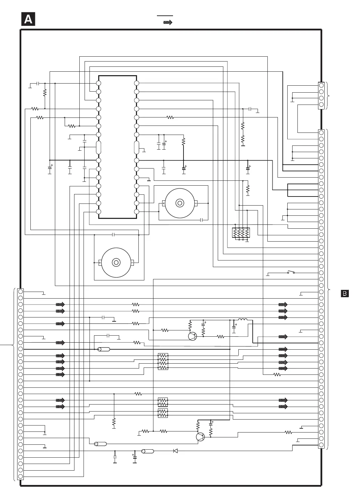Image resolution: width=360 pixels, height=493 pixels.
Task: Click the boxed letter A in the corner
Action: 28,19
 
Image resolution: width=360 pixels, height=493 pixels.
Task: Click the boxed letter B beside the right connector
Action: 345,293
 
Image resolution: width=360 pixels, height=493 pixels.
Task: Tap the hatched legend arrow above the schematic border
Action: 168,22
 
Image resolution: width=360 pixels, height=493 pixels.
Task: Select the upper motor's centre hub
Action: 180,203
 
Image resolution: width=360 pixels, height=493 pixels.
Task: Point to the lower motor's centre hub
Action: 116,262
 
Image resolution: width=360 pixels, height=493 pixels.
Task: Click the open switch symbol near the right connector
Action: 291,272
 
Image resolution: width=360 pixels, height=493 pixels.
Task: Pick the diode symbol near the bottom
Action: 175,451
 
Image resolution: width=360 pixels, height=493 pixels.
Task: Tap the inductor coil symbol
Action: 243,320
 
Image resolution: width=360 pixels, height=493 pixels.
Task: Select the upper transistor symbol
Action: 192,336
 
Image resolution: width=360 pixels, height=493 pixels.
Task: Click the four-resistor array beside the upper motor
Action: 241,233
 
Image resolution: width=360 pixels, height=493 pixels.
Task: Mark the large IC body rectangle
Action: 117,147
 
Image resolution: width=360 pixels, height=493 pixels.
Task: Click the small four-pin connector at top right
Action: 321,95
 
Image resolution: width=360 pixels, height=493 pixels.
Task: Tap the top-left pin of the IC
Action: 99,83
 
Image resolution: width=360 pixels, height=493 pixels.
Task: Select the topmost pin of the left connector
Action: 21,292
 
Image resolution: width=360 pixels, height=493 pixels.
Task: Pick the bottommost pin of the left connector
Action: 21,477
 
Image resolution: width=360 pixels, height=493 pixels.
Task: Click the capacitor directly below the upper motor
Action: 201,220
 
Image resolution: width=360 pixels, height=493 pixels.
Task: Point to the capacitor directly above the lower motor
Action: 113,235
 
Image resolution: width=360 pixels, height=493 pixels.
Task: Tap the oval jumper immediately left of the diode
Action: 147,451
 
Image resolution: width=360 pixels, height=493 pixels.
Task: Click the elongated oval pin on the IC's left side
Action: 99,148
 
